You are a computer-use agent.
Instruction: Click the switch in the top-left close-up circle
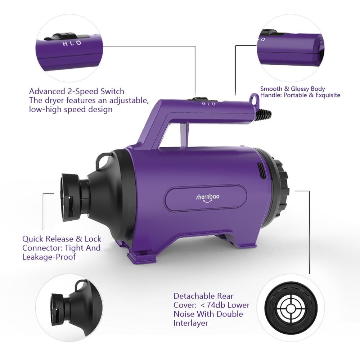62,37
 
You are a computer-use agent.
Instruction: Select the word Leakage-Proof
49,257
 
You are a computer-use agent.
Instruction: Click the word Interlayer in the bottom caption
191,323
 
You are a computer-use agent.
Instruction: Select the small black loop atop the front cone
104,158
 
